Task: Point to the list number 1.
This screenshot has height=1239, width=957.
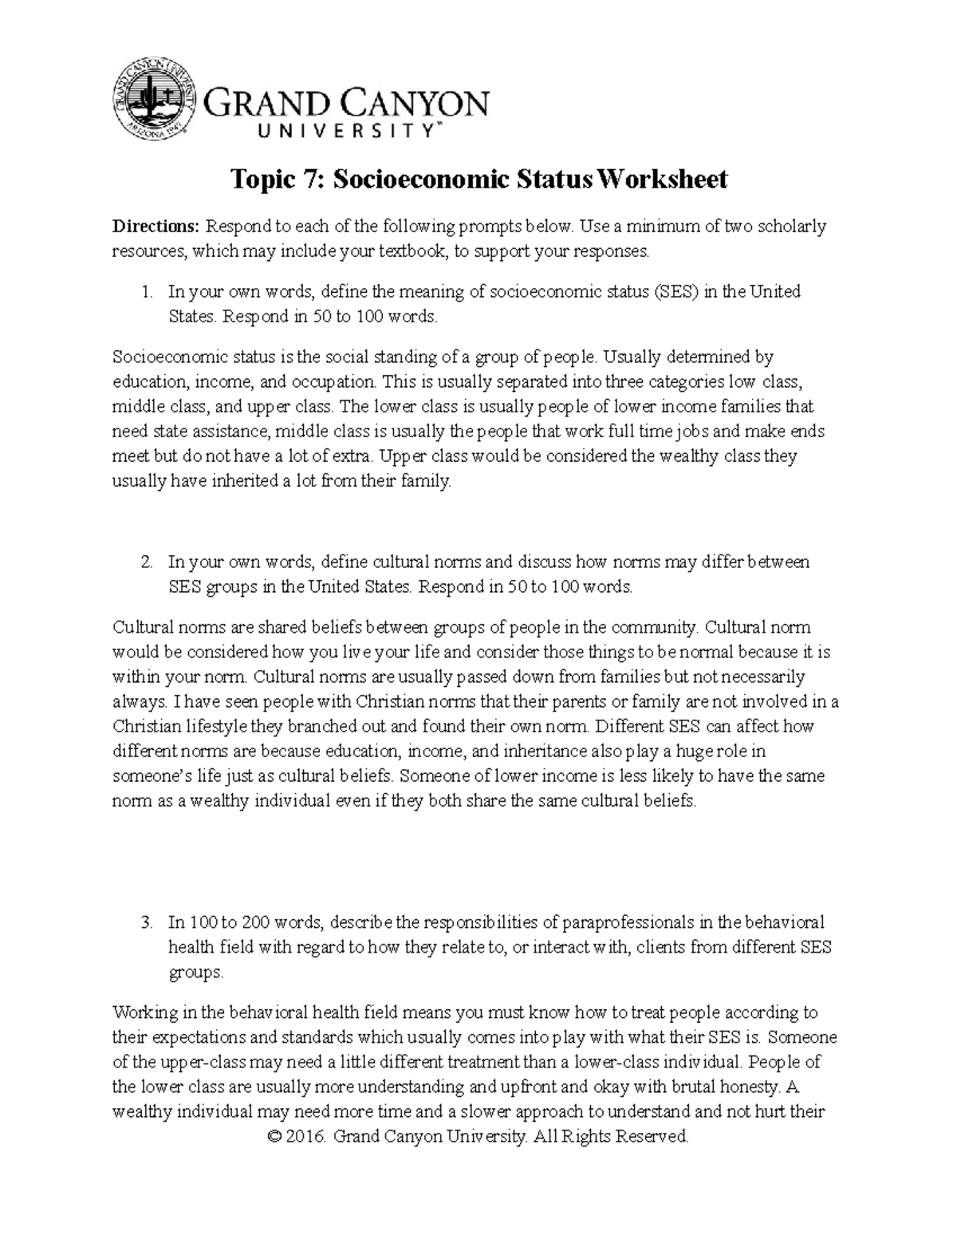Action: click(x=146, y=292)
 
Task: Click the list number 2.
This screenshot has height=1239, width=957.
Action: click(x=146, y=562)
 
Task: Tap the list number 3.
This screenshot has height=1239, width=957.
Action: click(x=146, y=923)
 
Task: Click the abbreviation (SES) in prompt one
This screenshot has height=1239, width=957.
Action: click(x=674, y=292)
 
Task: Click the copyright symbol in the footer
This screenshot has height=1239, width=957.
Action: click(x=277, y=1136)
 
